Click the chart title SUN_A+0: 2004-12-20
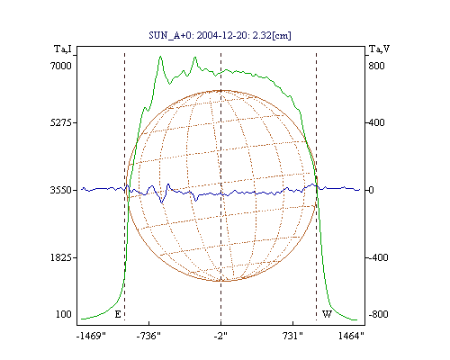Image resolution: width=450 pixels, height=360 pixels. pos(201,35)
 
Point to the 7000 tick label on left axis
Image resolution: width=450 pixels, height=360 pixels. pos(61,66)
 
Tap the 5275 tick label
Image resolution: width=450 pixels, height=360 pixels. pos(61,122)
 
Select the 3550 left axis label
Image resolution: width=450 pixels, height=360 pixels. pos(61,190)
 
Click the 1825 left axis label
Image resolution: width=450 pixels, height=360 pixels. pos(61,257)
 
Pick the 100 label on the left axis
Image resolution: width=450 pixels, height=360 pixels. pos(64,314)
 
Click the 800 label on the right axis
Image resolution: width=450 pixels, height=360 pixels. pos(376,66)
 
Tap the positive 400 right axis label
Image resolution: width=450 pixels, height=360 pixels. pos(376,122)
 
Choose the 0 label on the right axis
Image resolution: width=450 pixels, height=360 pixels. pos(371,190)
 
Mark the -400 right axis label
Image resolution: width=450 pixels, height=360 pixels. pos(378,257)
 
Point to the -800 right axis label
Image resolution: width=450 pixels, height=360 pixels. pos(378,314)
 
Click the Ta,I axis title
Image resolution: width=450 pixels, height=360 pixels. pos(63,49)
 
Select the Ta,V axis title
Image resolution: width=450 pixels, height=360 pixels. pos(379,49)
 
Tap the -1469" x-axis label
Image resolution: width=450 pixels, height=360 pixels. pos(91,336)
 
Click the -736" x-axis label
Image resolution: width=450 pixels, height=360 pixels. pos(148,336)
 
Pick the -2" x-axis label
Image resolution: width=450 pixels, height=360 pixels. pos(220,336)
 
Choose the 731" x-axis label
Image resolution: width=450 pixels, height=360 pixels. pos(292,336)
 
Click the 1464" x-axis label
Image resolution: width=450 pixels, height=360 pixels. pos(351,336)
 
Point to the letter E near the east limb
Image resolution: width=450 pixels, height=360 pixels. pos(118,314)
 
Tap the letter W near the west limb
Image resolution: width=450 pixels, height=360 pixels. pos(327,314)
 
